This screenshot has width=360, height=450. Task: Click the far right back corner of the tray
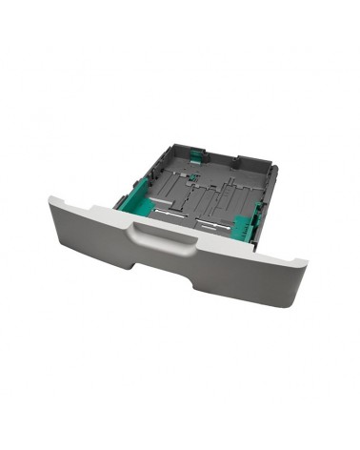pos(275,168)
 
